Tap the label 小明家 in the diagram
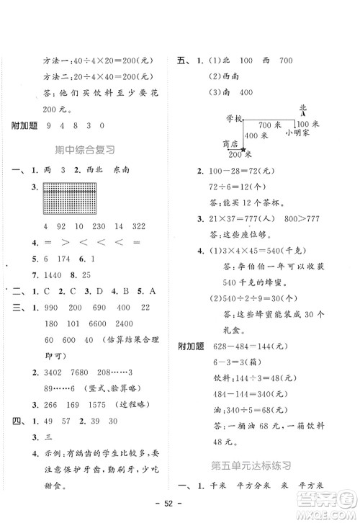coord(297,133)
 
